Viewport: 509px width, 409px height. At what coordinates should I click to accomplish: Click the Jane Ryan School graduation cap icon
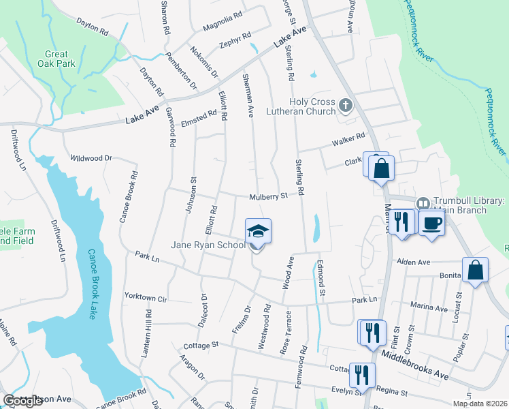point(258,232)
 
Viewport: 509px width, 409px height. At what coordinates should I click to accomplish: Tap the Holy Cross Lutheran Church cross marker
point(346,106)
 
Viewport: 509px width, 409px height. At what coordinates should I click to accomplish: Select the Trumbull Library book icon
point(422,203)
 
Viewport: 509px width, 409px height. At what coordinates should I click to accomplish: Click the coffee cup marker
point(432,223)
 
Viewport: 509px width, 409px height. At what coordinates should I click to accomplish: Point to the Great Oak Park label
point(56,59)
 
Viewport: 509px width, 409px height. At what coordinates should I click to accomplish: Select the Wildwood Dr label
point(91,158)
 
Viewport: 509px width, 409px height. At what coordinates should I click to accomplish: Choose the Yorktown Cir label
point(146,297)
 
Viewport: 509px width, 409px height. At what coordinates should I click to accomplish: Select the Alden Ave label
point(414,262)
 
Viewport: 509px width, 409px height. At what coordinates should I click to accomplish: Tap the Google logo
point(22,401)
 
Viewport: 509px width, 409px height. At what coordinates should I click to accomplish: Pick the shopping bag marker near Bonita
point(476,269)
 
